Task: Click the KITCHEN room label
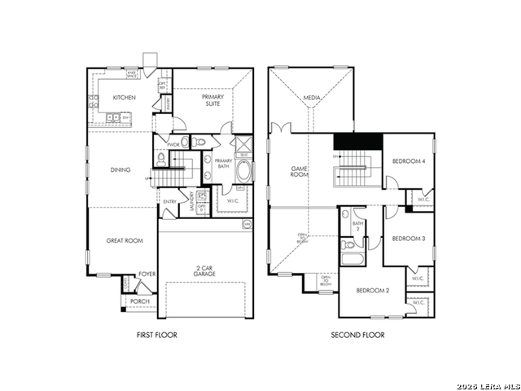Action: [x=124, y=98]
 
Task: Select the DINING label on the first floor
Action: [x=120, y=169]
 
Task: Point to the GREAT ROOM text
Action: [x=123, y=240]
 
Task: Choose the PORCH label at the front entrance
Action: [x=138, y=301]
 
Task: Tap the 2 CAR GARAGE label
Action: [x=204, y=270]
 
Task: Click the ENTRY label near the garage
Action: [x=170, y=201]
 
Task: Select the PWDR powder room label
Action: [x=173, y=144]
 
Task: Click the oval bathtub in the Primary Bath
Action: [x=243, y=172]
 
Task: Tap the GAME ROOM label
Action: [x=299, y=172]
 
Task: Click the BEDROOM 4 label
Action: [x=409, y=161]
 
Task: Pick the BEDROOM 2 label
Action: [x=370, y=291]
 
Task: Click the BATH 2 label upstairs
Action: [x=357, y=226]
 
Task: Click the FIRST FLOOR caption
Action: [x=156, y=335]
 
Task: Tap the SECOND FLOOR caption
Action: [x=357, y=335]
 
